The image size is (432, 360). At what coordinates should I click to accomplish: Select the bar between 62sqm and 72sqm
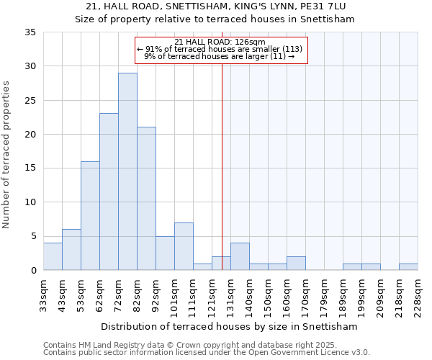pos(109,192)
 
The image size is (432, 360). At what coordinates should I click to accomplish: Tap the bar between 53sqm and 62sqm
pos(90,215)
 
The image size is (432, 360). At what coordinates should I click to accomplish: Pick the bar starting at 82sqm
pos(146,198)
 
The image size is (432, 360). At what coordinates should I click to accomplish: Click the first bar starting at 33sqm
pos(53,256)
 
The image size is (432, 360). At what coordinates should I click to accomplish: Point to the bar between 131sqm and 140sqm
pos(240,256)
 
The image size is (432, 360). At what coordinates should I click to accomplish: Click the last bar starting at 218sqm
pos(408,266)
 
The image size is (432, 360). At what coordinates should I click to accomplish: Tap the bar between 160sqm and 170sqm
pos(296,263)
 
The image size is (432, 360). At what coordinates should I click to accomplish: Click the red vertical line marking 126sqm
pos(222,166)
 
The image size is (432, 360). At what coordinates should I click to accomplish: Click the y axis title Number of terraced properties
pos(7,155)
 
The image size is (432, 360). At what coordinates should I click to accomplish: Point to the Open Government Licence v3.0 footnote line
pos(207,353)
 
